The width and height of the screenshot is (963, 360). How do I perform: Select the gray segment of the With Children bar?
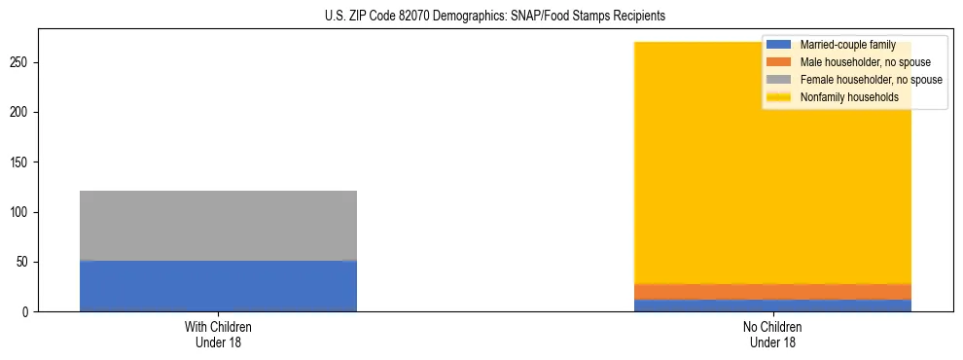click(218, 226)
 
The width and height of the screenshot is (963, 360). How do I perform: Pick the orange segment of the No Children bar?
click(772, 292)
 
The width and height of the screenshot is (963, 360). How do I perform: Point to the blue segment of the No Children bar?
click(772, 306)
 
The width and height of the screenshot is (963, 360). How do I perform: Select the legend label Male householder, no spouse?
click(865, 62)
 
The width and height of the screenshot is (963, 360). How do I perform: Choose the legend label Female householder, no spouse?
click(871, 80)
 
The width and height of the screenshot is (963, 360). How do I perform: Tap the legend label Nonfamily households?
click(848, 97)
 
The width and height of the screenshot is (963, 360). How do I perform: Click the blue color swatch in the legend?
click(779, 45)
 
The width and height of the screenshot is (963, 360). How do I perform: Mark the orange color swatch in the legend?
click(779, 62)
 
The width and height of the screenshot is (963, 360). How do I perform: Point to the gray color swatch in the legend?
click(779, 80)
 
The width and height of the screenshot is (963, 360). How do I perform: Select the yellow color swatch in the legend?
click(779, 97)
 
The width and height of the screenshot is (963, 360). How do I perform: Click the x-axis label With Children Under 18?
click(218, 335)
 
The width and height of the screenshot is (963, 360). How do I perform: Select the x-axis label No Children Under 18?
click(772, 335)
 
